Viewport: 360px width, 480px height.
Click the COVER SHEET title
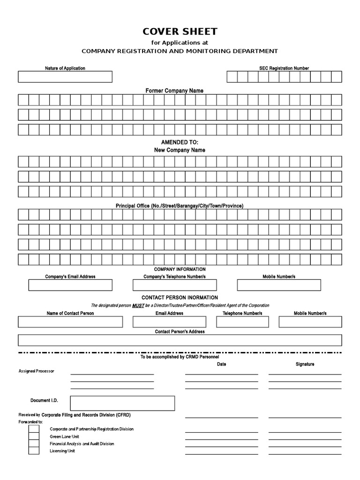(x=180, y=32)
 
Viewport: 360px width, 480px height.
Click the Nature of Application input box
(x=65, y=76)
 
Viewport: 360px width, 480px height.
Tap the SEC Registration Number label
(x=284, y=68)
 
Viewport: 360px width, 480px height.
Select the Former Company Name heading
(x=174, y=90)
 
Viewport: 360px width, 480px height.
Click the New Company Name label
(x=180, y=150)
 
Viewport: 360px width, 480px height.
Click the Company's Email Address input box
(x=70, y=285)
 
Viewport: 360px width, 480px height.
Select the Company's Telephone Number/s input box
(x=174, y=285)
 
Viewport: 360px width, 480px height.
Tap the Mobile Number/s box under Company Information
(x=279, y=285)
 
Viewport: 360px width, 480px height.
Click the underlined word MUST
(x=138, y=305)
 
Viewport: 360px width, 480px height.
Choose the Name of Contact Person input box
(x=70, y=322)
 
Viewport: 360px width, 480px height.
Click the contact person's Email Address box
(x=169, y=322)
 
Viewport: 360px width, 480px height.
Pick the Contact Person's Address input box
(x=180, y=340)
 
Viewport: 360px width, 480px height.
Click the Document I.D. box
(x=122, y=403)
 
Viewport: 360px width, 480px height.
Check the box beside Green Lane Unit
(x=34, y=436)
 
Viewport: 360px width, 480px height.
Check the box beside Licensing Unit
(x=34, y=450)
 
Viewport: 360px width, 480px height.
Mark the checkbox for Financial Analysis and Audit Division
(x=34, y=443)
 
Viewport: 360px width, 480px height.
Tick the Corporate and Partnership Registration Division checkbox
(x=34, y=428)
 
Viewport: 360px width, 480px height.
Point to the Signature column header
(x=305, y=364)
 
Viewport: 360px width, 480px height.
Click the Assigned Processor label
(x=36, y=371)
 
